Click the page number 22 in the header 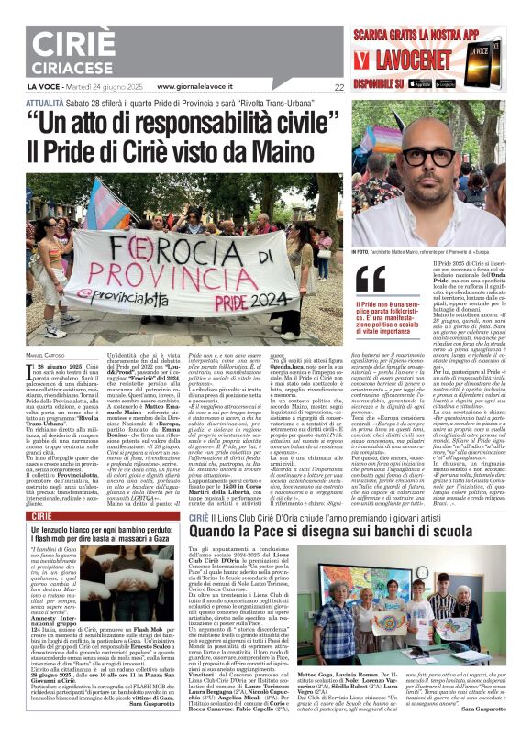tap(339, 87)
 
